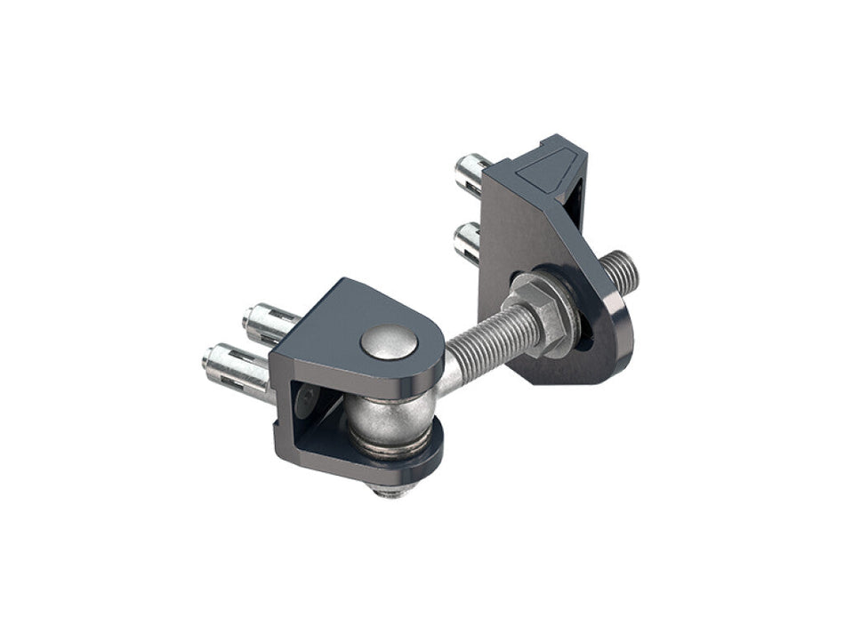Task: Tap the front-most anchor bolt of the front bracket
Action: click(x=234, y=367)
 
